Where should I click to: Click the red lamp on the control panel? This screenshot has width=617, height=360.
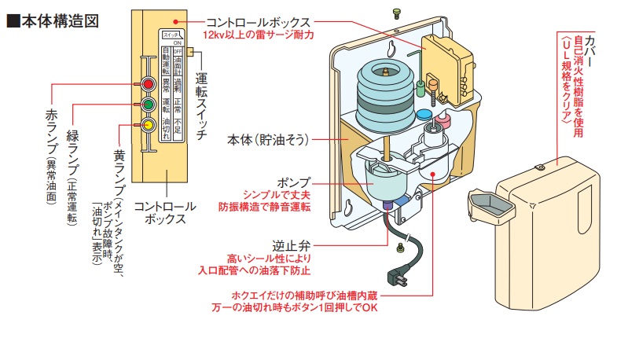click(x=147, y=84)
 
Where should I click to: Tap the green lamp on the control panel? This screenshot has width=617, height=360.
click(x=147, y=104)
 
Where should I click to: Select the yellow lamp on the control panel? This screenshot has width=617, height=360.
click(x=147, y=125)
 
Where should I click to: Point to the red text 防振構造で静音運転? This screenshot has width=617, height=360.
click(x=266, y=208)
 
